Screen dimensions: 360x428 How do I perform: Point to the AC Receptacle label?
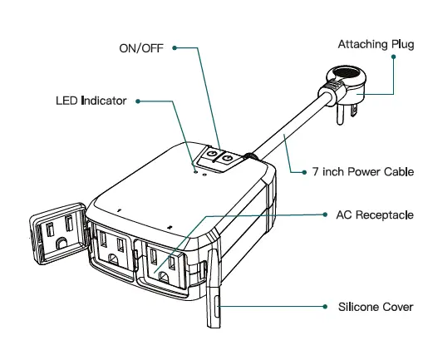tap(374, 215)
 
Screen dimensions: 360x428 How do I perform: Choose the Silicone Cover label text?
tap(376, 307)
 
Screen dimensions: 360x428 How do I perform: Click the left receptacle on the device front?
tap(114, 249)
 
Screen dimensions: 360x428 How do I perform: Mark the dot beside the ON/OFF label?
tap(175, 47)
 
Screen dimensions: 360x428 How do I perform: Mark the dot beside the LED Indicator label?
tap(137, 101)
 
